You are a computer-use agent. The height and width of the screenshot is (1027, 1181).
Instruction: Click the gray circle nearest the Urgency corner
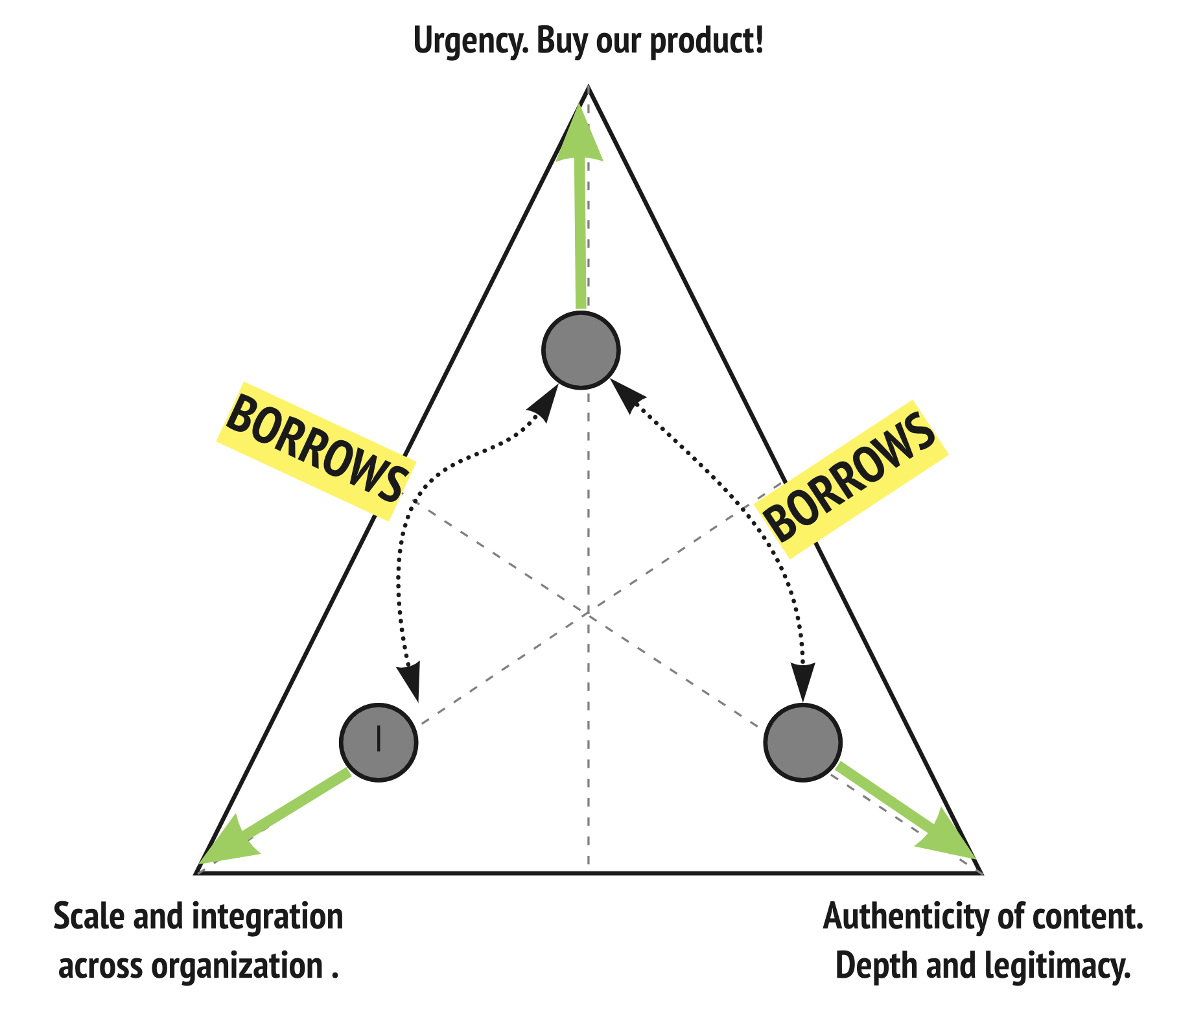(x=581, y=350)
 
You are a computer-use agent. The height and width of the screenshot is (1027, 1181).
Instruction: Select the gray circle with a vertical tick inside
(x=379, y=742)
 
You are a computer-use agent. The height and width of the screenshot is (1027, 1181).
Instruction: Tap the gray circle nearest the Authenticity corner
(x=803, y=742)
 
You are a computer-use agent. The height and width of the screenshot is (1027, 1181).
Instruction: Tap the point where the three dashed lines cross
(x=588, y=612)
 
